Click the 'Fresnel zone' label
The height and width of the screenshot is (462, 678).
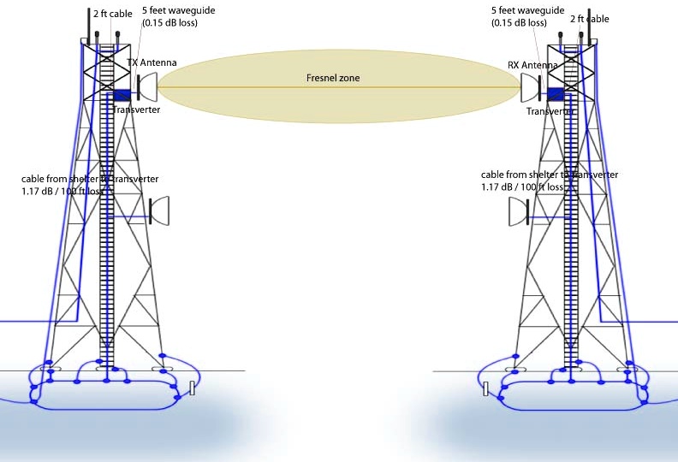pos(333,78)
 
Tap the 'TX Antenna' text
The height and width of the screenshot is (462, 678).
pos(153,63)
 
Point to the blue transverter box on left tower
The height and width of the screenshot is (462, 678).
pos(122,95)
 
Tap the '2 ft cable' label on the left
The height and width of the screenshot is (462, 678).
pos(112,15)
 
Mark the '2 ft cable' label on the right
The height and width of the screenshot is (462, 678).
pos(589,19)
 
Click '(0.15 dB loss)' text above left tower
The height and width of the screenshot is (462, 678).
pos(169,23)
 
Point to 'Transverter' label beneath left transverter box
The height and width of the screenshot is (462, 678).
pos(136,110)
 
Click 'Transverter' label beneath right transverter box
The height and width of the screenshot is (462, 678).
pos(550,111)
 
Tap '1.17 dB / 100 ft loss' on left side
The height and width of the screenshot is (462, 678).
pos(62,191)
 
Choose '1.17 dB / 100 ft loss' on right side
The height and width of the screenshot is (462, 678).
pos(522,187)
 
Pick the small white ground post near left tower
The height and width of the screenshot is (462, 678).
pos(193,388)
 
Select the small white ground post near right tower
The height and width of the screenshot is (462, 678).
pos(485,388)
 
